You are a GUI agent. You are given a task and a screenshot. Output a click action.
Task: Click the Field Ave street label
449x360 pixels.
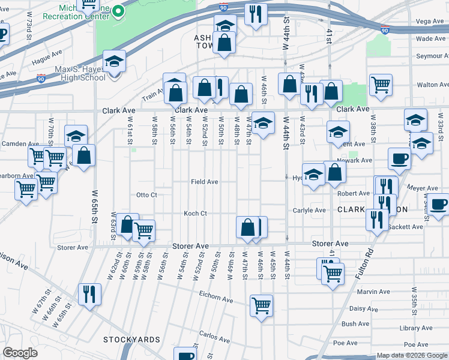pos(204,181)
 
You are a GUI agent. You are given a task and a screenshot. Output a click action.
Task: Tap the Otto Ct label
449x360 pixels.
pos(146,195)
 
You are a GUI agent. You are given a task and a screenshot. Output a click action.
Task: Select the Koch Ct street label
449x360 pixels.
pos(195,213)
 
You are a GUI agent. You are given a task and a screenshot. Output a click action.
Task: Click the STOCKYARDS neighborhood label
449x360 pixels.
pos(131,340)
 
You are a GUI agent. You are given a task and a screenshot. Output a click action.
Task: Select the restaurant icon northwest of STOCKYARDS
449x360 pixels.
pos(88,293)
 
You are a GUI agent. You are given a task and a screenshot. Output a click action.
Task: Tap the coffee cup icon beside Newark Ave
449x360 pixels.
pos(399,159)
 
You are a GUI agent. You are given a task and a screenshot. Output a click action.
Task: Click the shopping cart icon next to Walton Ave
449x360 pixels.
pos(381,85)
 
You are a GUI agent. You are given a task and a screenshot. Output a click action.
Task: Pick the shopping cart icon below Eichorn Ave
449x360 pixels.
pos(261,305)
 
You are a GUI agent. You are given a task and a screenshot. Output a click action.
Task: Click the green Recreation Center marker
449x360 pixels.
pos(119,10)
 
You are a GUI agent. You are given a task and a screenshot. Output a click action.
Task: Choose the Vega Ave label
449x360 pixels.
pos(430,21)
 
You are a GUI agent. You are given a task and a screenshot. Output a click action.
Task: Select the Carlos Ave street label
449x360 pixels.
pos(215,335)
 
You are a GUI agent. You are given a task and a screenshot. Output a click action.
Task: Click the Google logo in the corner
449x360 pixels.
pos(20,353)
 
